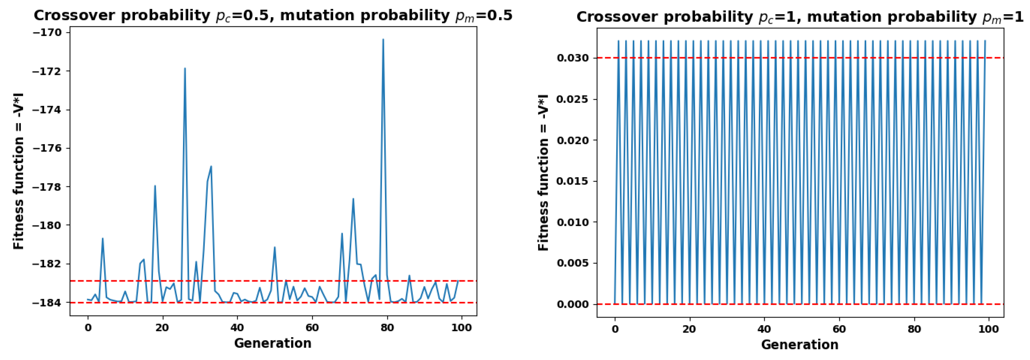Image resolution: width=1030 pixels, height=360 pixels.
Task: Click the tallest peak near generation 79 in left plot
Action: [383, 39]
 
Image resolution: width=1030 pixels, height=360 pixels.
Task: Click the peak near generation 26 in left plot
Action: [185, 68]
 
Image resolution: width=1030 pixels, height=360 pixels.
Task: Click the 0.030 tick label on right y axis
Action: [573, 58]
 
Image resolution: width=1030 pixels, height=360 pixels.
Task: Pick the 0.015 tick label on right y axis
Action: [573, 181]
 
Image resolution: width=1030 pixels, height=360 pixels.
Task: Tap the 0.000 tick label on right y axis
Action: [573, 304]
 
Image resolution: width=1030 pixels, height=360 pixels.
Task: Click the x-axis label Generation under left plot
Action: [273, 343]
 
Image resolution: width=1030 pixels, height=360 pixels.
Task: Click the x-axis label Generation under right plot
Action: [800, 345]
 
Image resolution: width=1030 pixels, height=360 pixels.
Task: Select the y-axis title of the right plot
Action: [543, 173]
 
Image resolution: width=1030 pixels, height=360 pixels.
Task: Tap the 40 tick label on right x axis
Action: [764, 329]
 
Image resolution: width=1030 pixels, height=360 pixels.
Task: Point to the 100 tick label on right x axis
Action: [988, 329]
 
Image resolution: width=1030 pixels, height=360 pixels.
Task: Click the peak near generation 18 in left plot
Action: [155, 186]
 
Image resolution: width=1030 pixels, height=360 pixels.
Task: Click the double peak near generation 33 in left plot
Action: [211, 166]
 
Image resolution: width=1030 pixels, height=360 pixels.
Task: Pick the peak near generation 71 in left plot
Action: [353, 199]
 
